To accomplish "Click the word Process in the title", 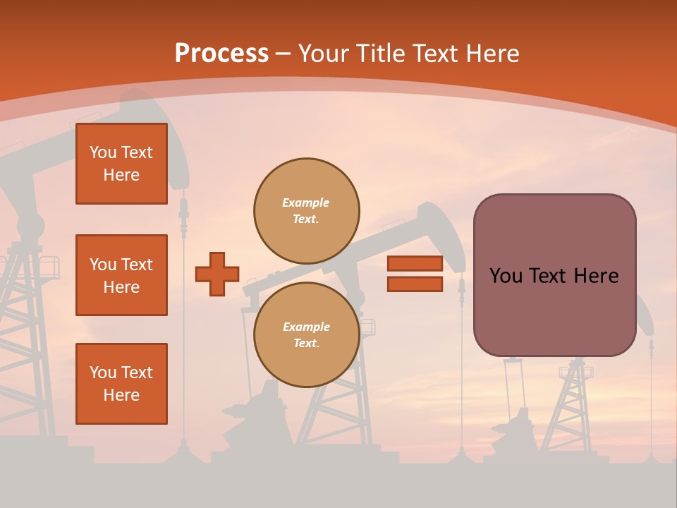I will (221, 54).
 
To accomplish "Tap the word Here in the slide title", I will (492, 54).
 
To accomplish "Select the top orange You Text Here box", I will (121, 164).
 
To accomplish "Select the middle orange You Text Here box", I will (121, 275).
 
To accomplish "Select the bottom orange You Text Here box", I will (121, 384).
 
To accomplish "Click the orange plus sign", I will (216, 274).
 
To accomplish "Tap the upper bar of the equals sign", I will (415, 263).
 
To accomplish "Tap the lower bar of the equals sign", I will (415, 284).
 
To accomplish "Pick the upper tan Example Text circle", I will (306, 211).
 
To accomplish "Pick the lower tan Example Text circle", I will (306, 335).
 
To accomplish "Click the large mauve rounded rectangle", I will (554, 310).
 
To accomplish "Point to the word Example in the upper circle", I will (305, 202).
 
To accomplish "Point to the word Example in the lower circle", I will (305, 327).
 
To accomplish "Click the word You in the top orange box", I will (102, 152).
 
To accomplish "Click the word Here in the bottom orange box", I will (121, 395).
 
